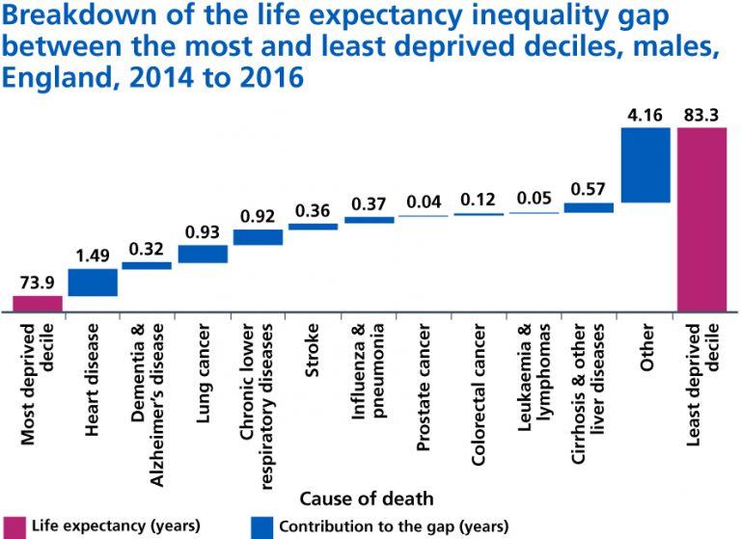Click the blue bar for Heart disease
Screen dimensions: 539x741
93,282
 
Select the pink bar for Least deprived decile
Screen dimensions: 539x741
701,220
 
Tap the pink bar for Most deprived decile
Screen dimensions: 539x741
38,304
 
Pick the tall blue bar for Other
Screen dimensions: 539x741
645,165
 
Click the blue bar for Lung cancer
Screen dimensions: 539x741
203,254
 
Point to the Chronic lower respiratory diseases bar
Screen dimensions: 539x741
258,237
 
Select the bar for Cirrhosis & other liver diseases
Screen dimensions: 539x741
589,207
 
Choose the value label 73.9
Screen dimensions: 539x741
38,283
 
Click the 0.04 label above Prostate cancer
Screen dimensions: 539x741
424,202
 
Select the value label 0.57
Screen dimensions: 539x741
589,189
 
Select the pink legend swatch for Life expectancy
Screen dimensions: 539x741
14,526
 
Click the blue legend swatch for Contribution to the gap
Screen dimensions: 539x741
261,526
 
